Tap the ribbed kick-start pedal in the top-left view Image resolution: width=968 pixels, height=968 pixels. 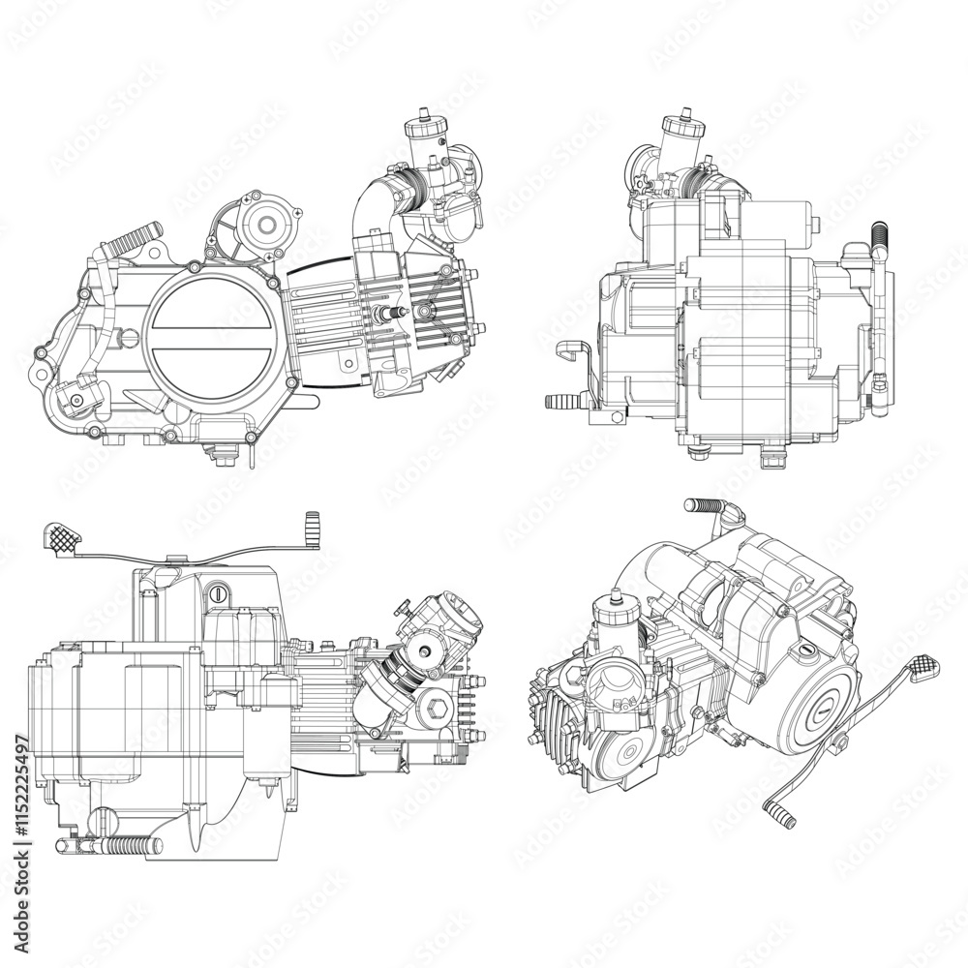133,235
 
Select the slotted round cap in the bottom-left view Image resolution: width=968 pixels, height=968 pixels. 221,590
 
